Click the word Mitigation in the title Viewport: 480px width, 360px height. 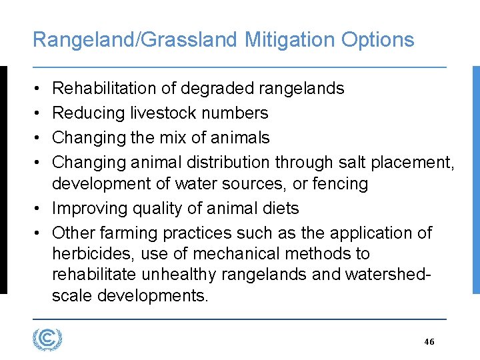pyautogui.click(x=290, y=40)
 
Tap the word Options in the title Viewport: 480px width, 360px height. pyautogui.click(x=377, y=40)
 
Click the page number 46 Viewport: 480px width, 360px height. pyautogui.click(x=429, y=341)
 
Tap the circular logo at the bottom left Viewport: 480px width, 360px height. pyautogui.click(x=47, y=339)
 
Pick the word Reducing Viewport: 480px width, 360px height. pyautogui.click(x=89, y=113)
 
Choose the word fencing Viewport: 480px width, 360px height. pyautogui.click(x=336, y=183)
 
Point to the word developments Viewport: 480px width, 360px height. pyautogui.click(x=153, y=295)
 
